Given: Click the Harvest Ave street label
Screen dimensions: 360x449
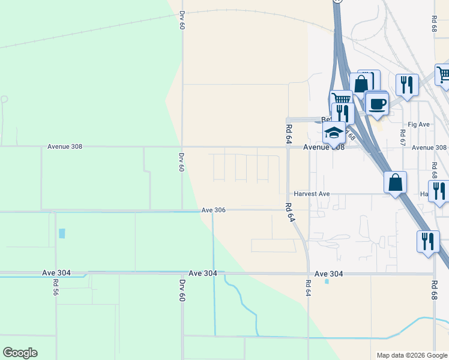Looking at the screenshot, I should (x=312, y=194).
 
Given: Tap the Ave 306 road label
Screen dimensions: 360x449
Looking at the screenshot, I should (x=213, y=210).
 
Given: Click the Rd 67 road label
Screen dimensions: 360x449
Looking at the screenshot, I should (x=403, y=138).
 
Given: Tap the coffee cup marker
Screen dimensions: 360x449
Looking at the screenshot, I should (x=376, y=104).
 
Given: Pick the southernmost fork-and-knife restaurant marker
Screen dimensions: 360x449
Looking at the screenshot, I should (x=427, y=241).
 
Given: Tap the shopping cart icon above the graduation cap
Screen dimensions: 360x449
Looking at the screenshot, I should (x=341, y=99).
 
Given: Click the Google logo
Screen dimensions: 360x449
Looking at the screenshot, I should (x=20, y=353).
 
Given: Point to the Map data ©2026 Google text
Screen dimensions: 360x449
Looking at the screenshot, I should (x=411, y=355).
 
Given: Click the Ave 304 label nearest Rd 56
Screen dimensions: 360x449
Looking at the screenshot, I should (x=56, y=272).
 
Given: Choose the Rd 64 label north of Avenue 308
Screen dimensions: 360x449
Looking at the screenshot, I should (x=289, y=133).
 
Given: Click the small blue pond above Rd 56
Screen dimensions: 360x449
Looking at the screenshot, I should (x=62, y=233).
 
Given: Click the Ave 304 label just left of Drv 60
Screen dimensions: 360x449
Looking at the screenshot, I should (x=202, y=272).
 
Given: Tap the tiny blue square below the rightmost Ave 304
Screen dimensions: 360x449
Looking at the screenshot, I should (x=327, y=281).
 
